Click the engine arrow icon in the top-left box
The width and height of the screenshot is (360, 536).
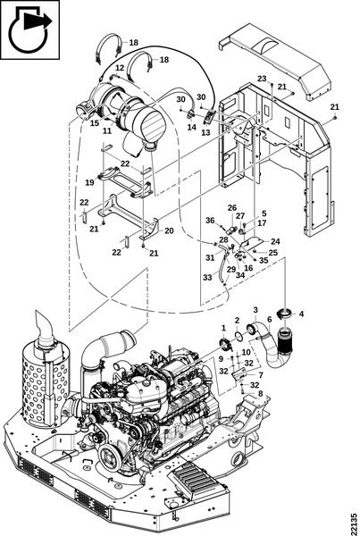pyautogui.click(x=30, y=29)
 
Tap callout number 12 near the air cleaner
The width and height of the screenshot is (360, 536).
pyautogui.click(x=120, y=68)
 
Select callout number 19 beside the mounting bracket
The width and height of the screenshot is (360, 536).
pyautogui.click(x=89, y=182)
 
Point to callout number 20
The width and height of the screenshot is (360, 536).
pyautogui.click(x=169, y=230)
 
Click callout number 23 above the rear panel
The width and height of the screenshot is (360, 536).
pyautogui.click(x=262, y=79)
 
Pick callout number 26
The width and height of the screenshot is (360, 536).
pyautogui.click(x=232, y=208)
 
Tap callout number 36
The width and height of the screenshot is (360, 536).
pyautogui.click(x=210, y=221)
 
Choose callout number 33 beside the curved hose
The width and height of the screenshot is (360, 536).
pyautogui.click(x=207, y=278)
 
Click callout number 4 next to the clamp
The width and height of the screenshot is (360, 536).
pyautogui.click(x=301, y=314)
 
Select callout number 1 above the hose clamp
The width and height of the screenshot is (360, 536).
pyautogui.click(x=223, y=328)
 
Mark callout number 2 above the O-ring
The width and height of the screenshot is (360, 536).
pyautogui.click(x=238, y=321)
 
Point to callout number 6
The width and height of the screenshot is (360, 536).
pyautogui.click(x=270, y=320)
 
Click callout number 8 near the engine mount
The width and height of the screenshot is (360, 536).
pyautogui.click(x=261, y=393)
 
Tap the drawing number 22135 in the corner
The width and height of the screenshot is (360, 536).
pyautogui.click(x=354, y=522)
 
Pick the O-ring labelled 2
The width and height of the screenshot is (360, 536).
pyautogui.click(x=239, y=335)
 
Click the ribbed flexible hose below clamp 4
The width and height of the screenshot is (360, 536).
pyautogui.click(x=285, y=340)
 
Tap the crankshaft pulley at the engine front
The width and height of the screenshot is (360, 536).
pyautogui.click(x=109, y=457)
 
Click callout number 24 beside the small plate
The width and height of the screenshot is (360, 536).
pyautogui.click(x=275, y=242)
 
